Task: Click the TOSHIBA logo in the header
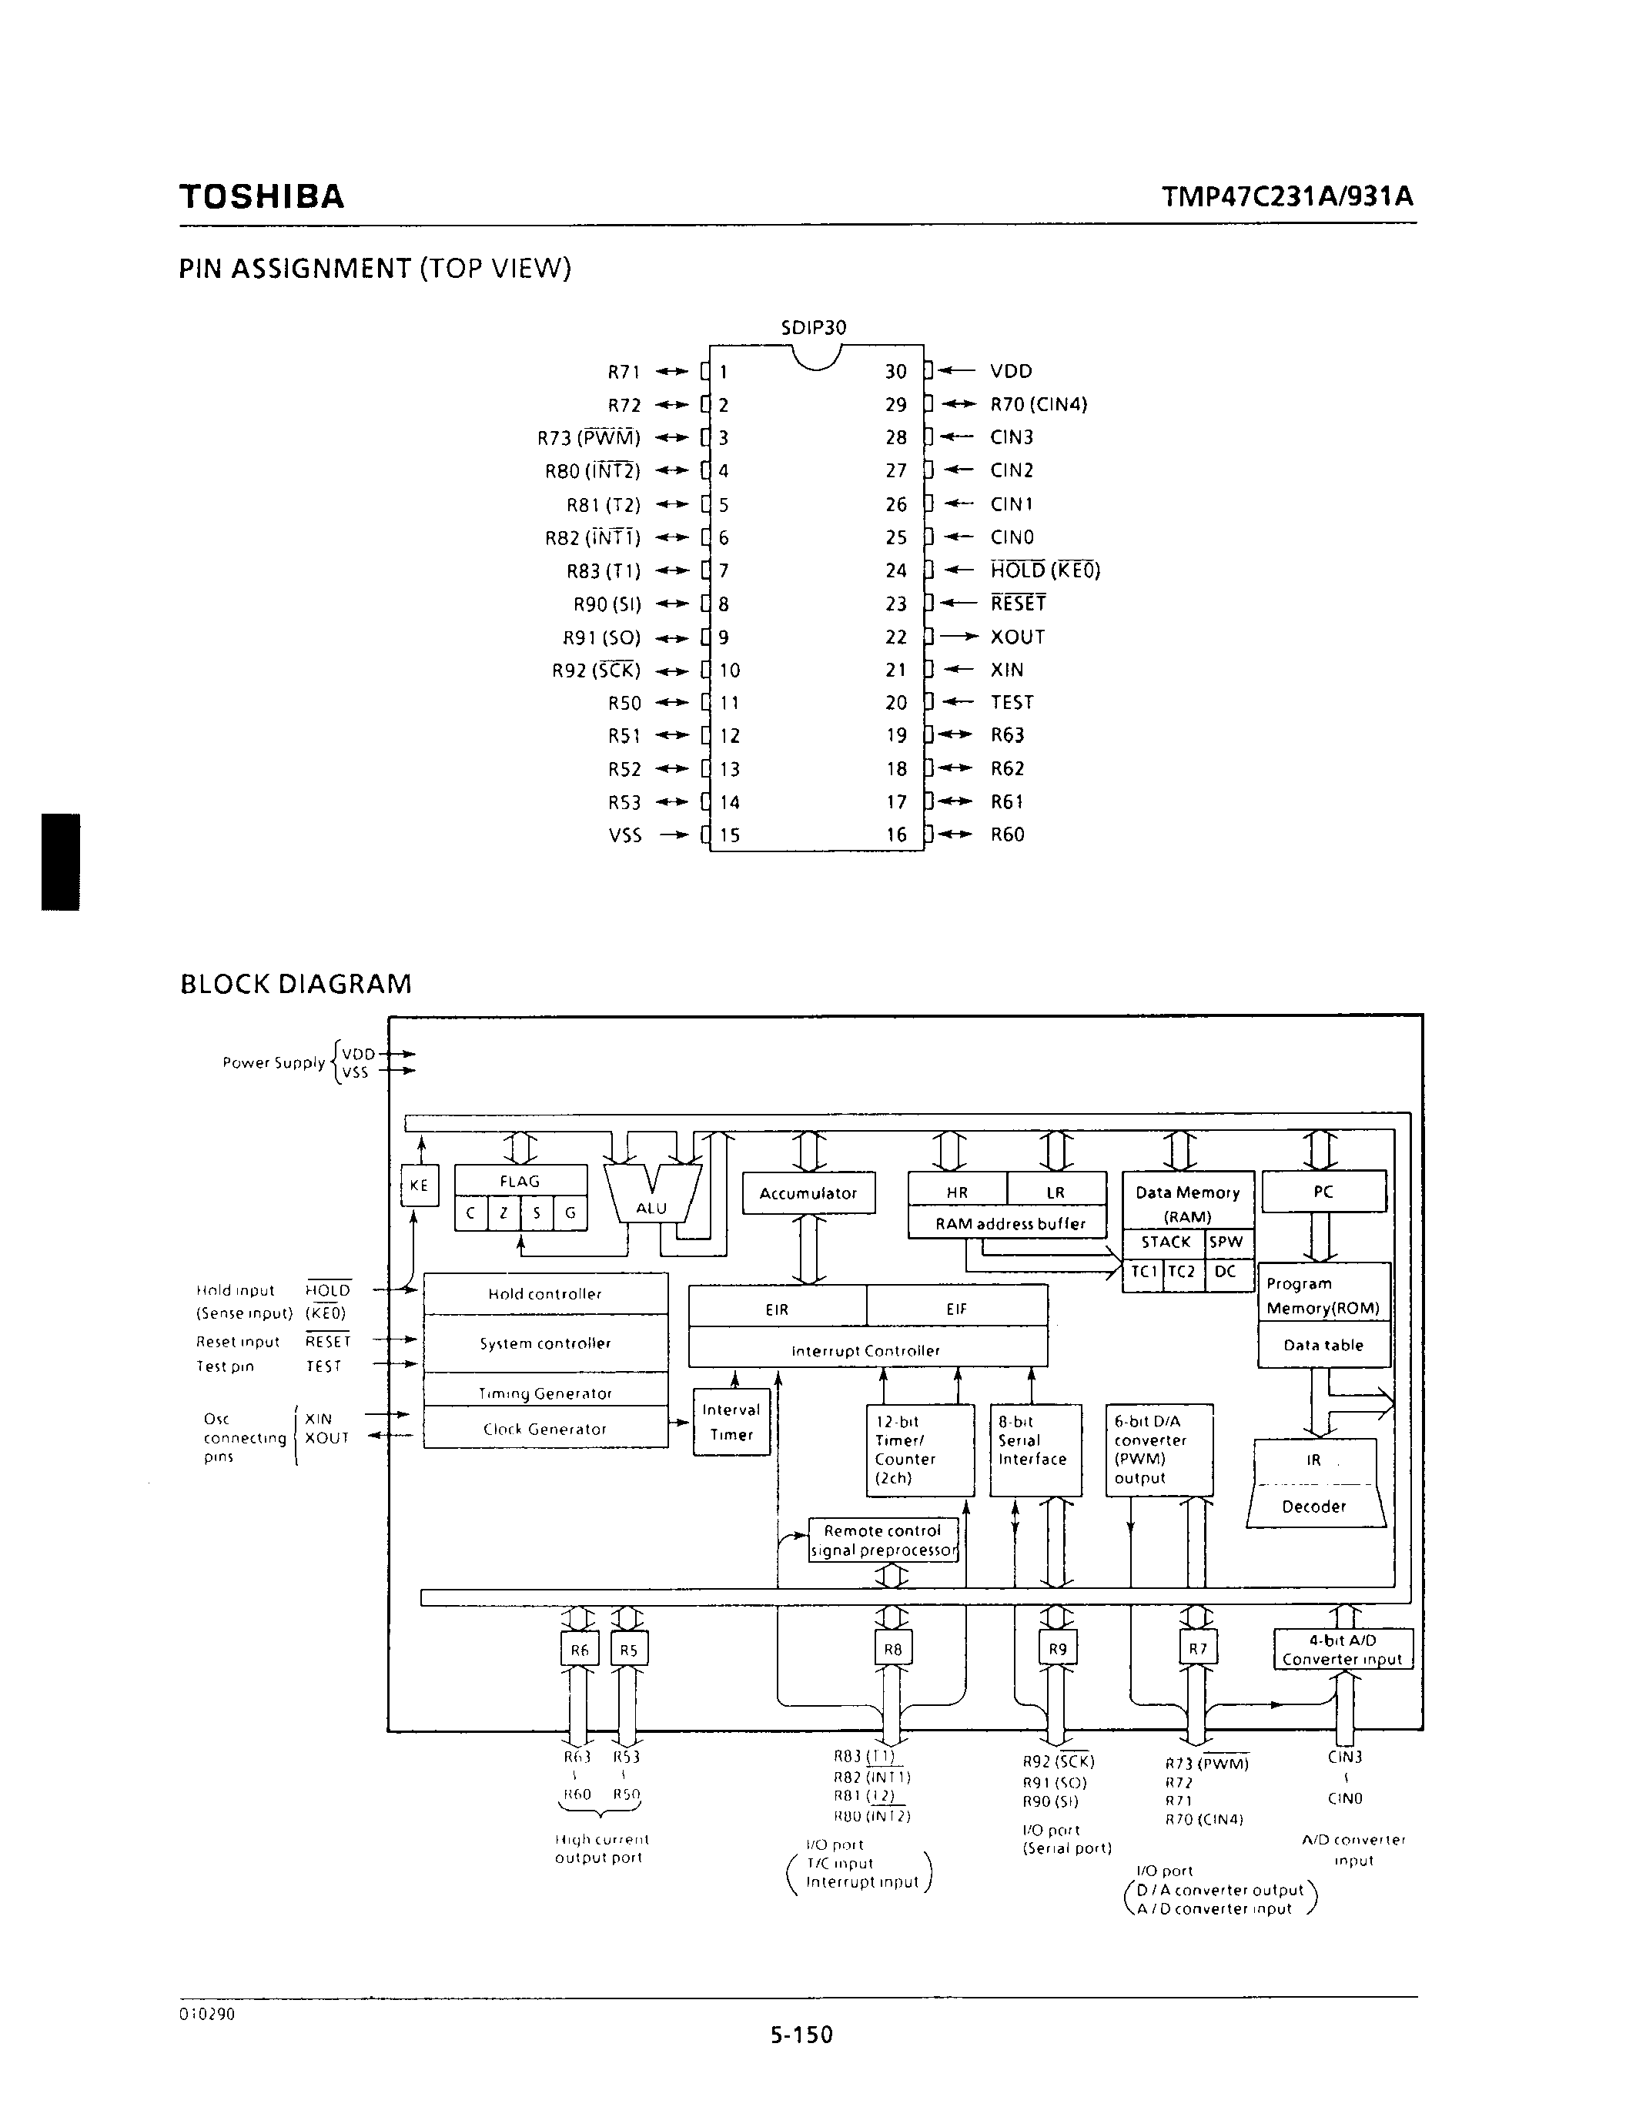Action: (x=262, y=197)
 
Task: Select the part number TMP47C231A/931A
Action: (x=1287, y=197)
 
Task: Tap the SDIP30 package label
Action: (x=813, y=328)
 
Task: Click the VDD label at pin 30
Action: (x=1011, y=371)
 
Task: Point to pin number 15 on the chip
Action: (x=730, y=834)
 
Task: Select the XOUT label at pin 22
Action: (x=1018, y=637)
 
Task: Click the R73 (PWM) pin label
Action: (x=588, y=438)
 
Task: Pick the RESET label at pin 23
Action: (x=1018, y=604)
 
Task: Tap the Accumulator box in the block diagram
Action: (x=808, y=1193)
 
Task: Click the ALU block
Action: (x=651, y=1200)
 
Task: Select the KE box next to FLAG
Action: (x=419, y=1186)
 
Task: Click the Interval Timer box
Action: (x=731, y=1422)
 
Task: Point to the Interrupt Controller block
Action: (x=866, y=1350)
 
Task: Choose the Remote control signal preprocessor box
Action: (x=883, y=1540)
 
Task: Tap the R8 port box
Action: (x=892, y=1649)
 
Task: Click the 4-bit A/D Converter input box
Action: (x=1343, y=1649)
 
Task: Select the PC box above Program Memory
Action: (x=1323, y=1192)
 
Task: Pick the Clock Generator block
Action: (x=544, y=1429)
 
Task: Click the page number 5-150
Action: (x=801, y=2034)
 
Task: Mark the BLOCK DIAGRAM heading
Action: (x=296, y=984)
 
